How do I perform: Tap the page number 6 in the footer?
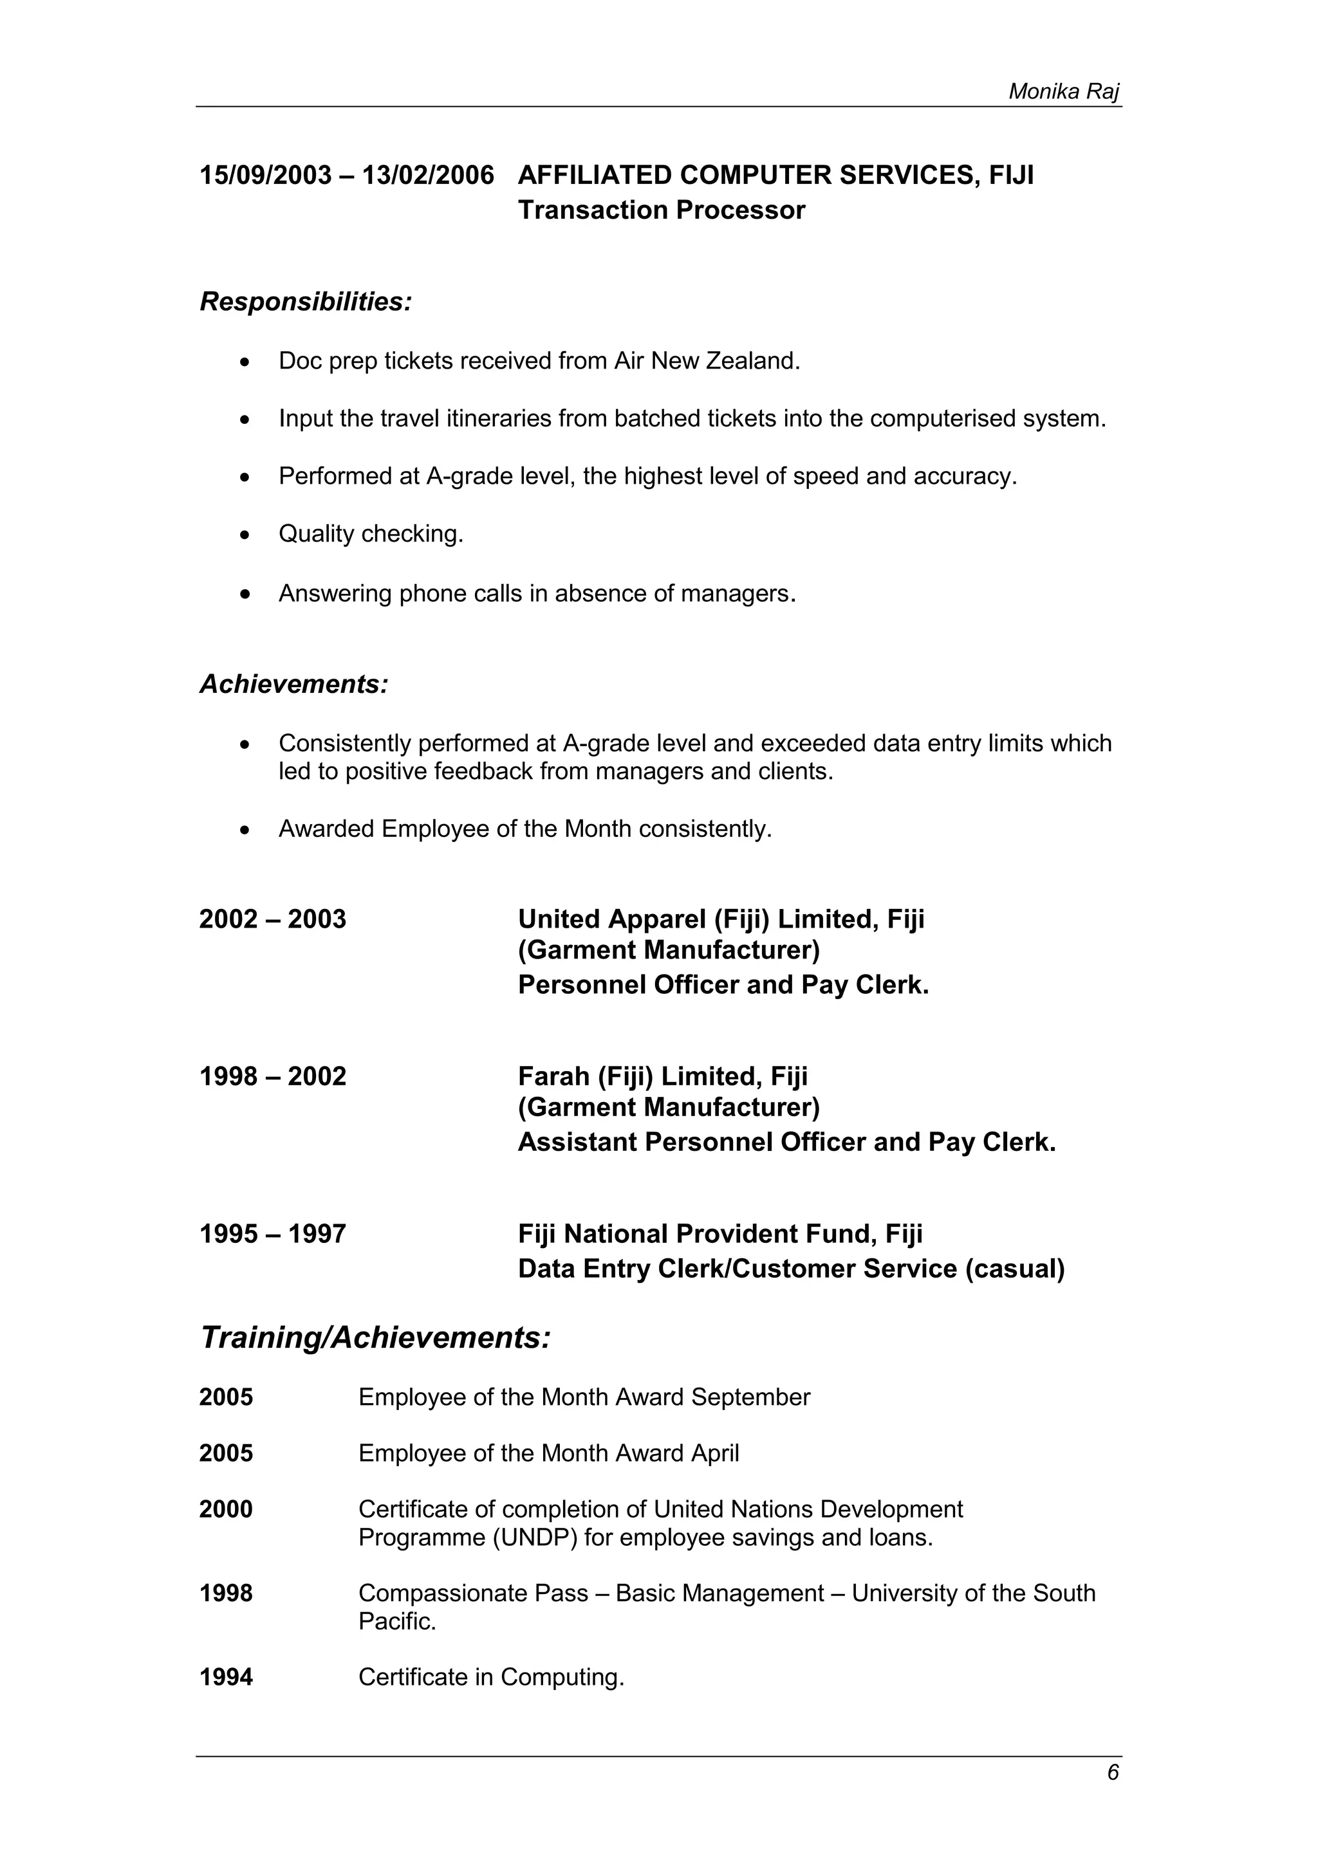pyautogui.click(x=1113, y=1772)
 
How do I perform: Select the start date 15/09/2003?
pyautogui.click(x=265, y=175)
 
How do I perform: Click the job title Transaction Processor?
pyautogui.click(x=661, y=210)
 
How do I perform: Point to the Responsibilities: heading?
pyautogui.click(x=306, y=302)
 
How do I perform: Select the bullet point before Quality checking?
pyautogui.click(x=245, y=535)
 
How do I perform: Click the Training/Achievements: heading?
pyautogui.click(x=375, y=1338)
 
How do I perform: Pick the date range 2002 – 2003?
pyautogui.click(x=273, y=919)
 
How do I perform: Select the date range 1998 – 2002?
pyautogui.click(x=273, y=1077)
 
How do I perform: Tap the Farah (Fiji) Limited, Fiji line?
pyautogui.click(x=662, y=1077)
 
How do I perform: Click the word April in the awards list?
pyautogui.click(x=714, y=1453)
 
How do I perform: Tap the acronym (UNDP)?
pyautogui.click(x=535, y=1537)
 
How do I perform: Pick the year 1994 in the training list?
pyautogui.click(x=226, y=1677)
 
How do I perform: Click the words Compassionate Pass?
pyautogui.click(x=473, y=1593)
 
